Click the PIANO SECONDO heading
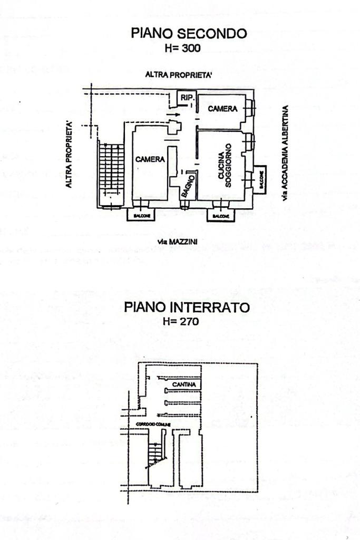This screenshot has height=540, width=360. coord(189,34)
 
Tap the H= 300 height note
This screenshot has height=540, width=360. coord(183,48)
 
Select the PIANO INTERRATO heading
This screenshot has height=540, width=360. coord(187,307)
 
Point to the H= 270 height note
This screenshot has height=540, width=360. coord(181,321)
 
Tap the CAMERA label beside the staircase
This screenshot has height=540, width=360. coord(150,159)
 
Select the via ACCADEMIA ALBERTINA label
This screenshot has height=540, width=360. coord(285,153)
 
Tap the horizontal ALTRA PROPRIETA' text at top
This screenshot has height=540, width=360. coord(179,75)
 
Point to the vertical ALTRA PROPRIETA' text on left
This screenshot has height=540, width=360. coord(69,155)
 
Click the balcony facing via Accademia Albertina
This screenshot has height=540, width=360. coord(260,178)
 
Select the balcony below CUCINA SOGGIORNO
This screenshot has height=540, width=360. coord(220,215)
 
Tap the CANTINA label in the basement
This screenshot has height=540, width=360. coord(184,385)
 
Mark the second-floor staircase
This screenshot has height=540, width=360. coord(111,171)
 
